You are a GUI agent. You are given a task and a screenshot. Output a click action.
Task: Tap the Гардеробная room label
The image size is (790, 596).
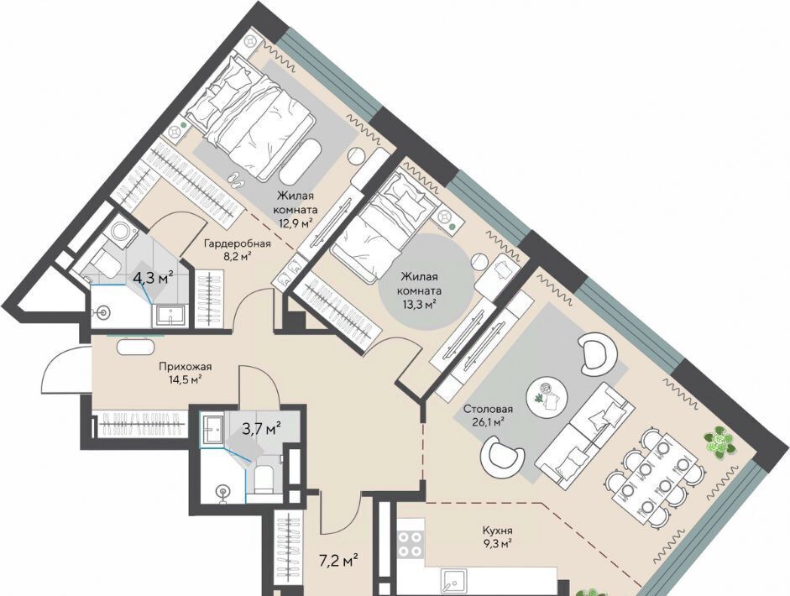coord(237,243)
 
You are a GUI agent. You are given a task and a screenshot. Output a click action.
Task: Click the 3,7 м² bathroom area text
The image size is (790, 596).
coord(261,429)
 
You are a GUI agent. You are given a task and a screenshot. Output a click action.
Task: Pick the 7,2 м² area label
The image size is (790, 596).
coord(338,559)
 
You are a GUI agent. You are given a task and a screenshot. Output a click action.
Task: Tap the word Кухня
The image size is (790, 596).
coord(497,531)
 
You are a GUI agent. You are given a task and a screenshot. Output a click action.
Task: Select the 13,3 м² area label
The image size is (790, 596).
coord(419,304)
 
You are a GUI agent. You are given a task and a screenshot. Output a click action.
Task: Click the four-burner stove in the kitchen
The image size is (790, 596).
coord(411,543)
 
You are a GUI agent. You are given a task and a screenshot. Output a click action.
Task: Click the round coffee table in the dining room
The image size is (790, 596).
coord(547,395)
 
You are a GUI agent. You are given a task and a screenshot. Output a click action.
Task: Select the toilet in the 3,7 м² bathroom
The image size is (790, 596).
coord(263,479)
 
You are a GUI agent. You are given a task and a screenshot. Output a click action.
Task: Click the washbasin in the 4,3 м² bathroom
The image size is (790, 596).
coord(172,316)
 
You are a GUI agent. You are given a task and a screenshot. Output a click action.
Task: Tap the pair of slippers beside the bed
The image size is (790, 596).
coord(235,180)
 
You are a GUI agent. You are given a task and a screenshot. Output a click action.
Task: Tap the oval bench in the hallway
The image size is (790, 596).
coord(136,347)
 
